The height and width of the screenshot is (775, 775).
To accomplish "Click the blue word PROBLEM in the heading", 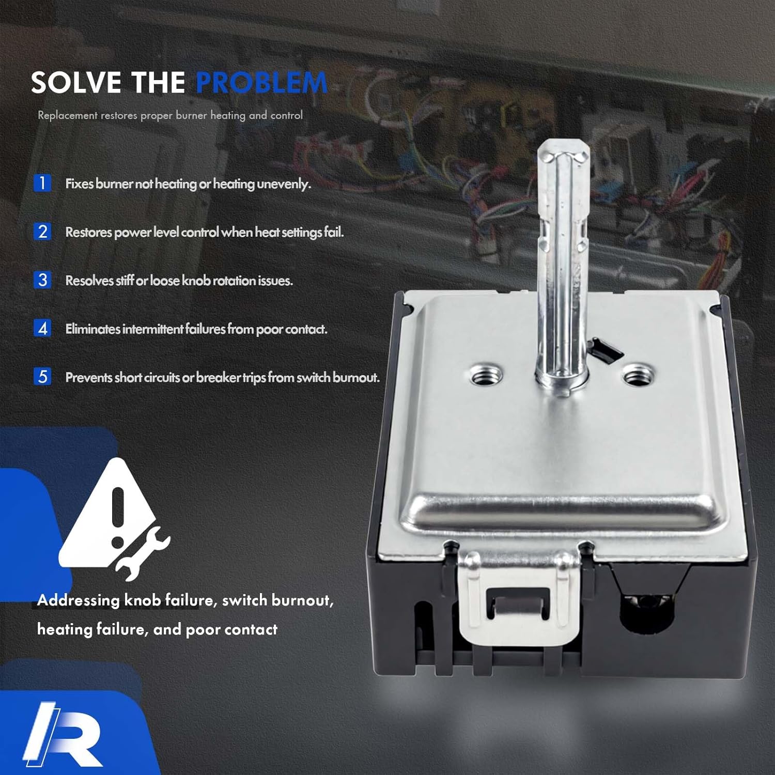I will pos(261,83).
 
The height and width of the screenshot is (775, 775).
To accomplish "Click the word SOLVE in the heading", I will pos(75,83).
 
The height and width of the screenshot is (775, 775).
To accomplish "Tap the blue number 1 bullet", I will pos(42,183).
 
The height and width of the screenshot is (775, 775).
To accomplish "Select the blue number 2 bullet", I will pos(42,231).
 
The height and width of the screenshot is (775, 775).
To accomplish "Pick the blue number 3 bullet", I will pos(42,280).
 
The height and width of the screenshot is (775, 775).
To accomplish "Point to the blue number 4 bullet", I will pos(42,329).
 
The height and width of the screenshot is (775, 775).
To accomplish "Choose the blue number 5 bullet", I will pos(42,377).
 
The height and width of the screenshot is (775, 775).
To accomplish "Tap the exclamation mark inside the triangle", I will pos(118,517).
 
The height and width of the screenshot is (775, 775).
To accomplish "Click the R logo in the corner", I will pos(62,734).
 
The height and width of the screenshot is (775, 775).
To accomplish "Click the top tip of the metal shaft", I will pos(563,150).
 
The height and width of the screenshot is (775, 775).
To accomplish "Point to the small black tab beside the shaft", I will pos(605,350).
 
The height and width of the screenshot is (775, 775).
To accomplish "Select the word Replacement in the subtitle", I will pos(67,115).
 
